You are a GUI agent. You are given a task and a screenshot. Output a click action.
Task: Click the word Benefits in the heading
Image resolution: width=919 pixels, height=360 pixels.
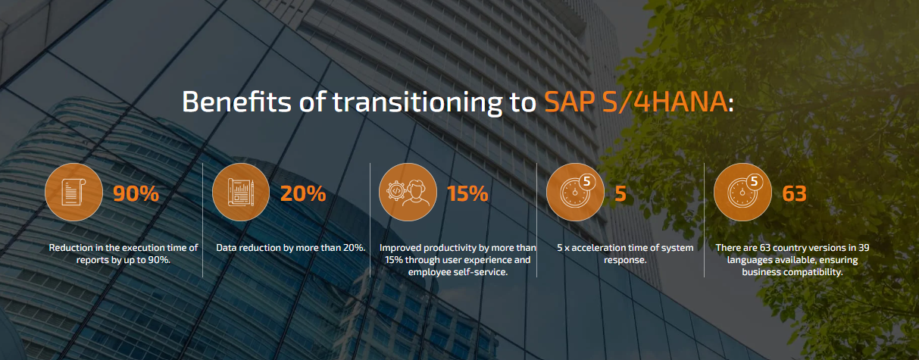coord(236,102)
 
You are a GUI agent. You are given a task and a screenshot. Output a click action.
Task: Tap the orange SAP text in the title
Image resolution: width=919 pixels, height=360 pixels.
coord(570,102)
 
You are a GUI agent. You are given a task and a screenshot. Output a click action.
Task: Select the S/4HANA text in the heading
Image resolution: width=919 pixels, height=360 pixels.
coord(665,102)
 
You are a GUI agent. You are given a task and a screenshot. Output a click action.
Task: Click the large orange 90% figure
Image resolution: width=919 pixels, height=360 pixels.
coord(136,193)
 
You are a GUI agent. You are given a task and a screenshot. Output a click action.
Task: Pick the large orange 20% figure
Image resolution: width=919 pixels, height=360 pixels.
coord(303,193)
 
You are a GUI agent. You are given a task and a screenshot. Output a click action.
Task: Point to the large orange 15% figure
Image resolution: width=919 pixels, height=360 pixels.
coord(467,193)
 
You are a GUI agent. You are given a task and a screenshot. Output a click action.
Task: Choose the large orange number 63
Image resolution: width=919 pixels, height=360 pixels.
coord(794,193)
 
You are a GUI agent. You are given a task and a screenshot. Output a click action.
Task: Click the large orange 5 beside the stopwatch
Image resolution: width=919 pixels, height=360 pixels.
coord(620,193)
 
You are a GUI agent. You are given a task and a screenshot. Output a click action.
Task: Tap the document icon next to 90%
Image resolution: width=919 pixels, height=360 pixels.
coord(73,192)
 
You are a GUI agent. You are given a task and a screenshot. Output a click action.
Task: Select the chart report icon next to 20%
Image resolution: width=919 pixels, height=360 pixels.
coord(241,192)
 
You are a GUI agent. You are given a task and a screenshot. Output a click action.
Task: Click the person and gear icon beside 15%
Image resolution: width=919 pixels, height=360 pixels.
coord(408,192)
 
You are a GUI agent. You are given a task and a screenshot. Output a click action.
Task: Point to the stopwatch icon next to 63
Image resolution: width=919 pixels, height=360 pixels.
coord(742,192)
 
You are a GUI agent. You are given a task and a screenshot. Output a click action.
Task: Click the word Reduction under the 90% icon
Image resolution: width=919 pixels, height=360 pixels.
coord(71,248)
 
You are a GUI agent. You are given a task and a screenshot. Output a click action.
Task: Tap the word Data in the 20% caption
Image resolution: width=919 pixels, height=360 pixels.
coord(226,248)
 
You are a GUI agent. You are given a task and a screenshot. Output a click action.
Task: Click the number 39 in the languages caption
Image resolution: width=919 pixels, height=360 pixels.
coord(864,248)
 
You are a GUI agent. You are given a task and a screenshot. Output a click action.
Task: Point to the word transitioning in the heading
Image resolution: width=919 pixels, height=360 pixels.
coord(417,102)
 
